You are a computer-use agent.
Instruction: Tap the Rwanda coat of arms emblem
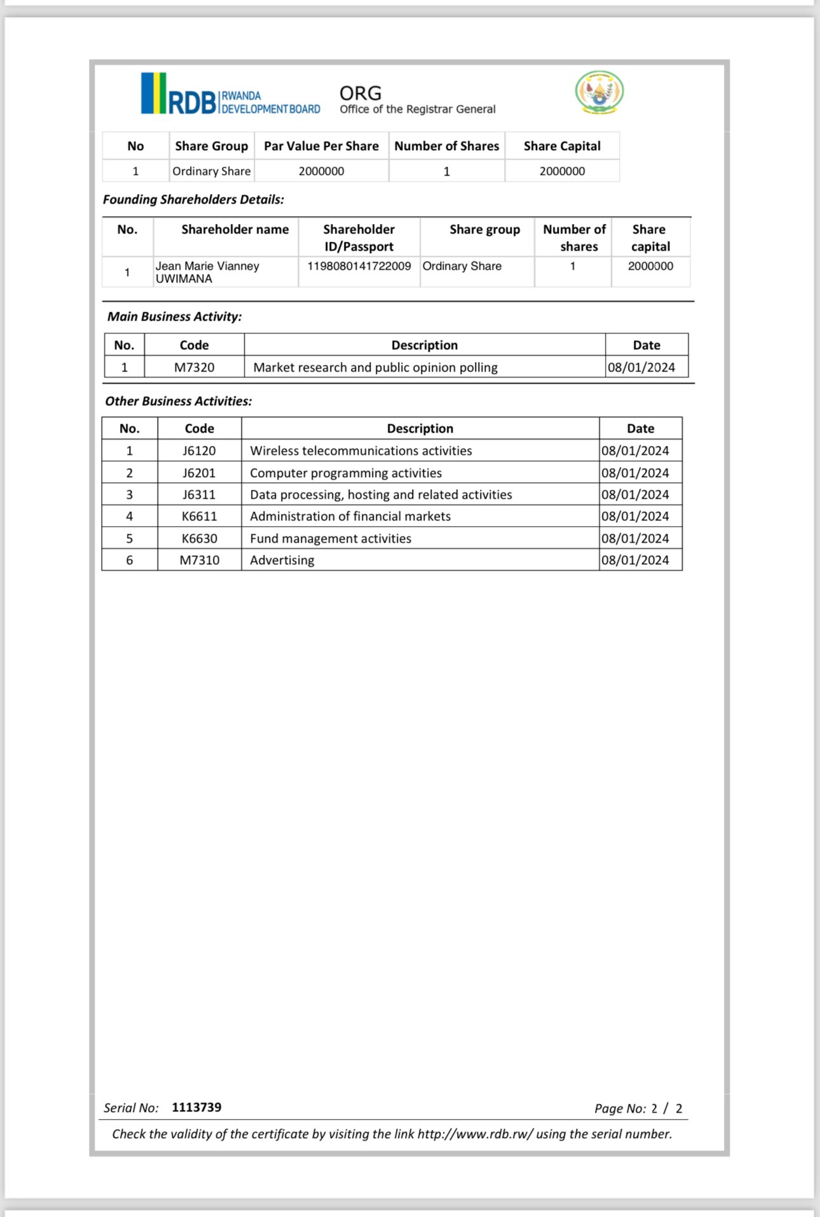[599, 92]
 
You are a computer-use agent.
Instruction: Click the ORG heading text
[360, 94]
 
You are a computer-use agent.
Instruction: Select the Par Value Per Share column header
[321, 146]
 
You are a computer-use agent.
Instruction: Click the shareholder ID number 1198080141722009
[359, 266]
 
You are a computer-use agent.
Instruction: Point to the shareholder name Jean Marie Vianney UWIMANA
[207, 272]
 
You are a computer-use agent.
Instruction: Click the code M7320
[194, 367]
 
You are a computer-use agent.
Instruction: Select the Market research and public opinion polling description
[375, 367]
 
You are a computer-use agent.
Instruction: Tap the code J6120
[199, 450]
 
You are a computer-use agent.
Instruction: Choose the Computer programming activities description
[346, 473]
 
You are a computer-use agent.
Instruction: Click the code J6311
[199, 494]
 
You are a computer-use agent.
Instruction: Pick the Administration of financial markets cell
[350, 516]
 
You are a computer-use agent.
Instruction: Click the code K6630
[199, 538]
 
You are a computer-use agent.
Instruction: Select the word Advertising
[282, 560]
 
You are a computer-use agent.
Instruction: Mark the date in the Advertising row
[635, 560]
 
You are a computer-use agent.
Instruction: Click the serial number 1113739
[196, 1107]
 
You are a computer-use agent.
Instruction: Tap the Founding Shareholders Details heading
[193, 200]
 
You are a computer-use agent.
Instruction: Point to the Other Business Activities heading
[179, 401]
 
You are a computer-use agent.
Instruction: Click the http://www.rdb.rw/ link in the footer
[475, 1134]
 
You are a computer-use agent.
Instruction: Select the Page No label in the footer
[620, 1108]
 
